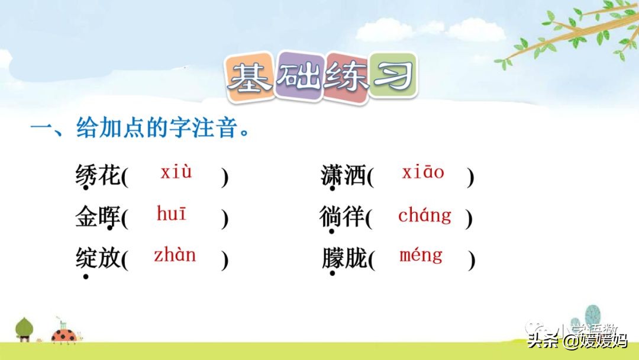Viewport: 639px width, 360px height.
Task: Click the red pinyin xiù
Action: pos(176,172)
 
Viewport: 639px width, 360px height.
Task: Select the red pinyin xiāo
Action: pos(423,172)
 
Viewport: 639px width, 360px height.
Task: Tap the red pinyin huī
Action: pos(172,214)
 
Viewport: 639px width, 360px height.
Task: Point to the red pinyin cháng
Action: pos(425,215)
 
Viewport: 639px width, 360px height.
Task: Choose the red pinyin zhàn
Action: pos(175,255)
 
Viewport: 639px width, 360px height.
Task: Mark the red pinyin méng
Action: pos(421,256)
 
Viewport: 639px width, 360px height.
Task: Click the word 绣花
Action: pos(98,175)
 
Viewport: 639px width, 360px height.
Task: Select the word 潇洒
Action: pos(343,175)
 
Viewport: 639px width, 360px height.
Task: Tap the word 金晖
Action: pos(98,217)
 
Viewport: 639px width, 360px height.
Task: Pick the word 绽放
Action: pos(98,258)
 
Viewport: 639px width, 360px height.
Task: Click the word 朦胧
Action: pos(344,258)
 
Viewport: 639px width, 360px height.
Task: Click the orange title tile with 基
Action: pos(250,76)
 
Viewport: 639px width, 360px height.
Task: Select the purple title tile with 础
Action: pos(299,75)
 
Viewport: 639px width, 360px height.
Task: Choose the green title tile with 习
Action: pos(393,75)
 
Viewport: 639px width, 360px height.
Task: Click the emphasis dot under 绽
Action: pos(86,277)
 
